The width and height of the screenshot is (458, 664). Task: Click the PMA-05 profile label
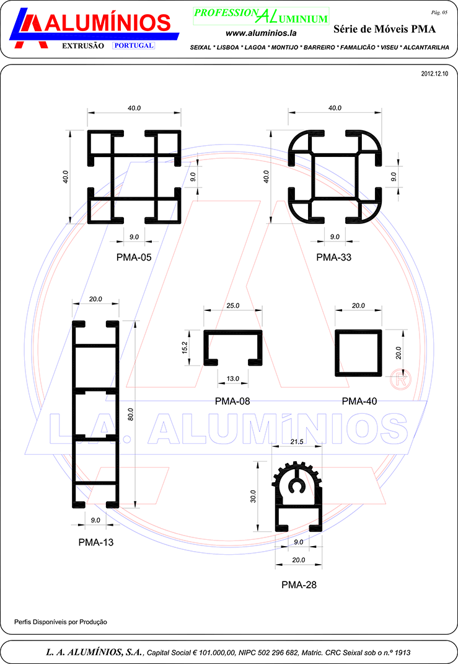pos(134,257)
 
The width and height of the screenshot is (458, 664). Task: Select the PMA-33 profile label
pos(333,257)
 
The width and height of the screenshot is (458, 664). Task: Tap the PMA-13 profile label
pos(96,542)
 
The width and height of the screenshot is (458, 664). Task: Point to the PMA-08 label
pos(232,401)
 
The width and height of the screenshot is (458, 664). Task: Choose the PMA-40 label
pos(359,401)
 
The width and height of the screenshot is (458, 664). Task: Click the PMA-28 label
pos(299,585)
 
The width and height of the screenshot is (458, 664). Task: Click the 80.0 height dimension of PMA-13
pos(131,414)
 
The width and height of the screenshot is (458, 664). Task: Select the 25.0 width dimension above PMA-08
pos(232,305)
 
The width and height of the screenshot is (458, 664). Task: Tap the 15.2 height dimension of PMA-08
pos(185,348)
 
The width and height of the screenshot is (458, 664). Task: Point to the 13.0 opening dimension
pos(232,379)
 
